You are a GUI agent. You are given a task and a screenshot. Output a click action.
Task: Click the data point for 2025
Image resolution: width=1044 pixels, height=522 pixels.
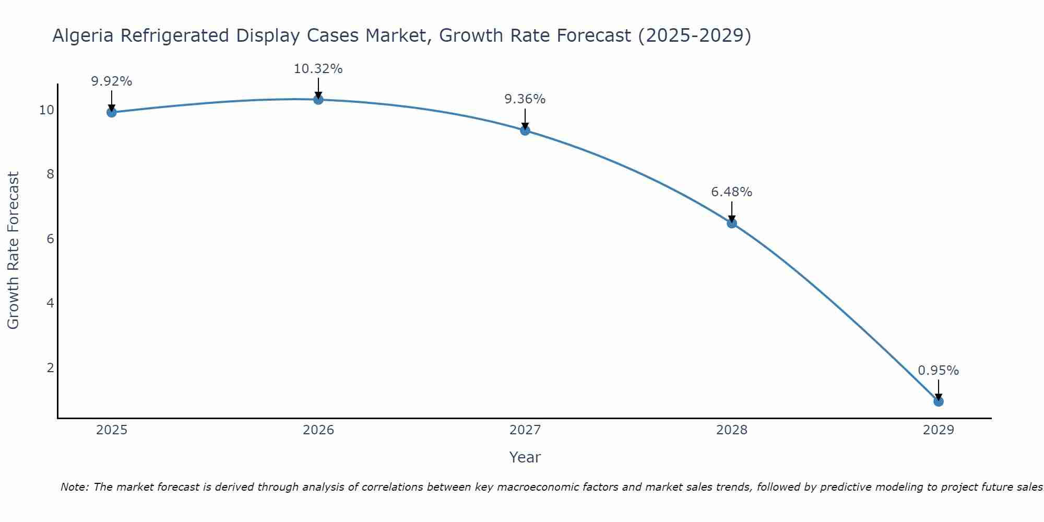[111, 112]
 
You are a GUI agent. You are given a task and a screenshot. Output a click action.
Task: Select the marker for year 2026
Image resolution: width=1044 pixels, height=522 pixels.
[318, 99]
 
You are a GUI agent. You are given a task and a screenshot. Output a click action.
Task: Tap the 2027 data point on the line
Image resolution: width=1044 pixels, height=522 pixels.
[525, 130]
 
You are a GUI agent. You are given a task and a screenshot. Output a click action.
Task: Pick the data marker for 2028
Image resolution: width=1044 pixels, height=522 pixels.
[732, 223]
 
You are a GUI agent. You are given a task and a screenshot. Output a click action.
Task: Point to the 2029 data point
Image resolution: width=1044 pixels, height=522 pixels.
[938, 401]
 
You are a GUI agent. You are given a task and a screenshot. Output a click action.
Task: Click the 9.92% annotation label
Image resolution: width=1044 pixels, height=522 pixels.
[111, 81]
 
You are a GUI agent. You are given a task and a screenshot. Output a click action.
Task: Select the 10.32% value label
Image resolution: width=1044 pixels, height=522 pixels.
[318, 69]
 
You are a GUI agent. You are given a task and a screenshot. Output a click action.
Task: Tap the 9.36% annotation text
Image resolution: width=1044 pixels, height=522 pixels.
[525, 99]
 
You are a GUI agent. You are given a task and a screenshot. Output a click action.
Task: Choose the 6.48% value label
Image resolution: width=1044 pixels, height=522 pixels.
[731, 192]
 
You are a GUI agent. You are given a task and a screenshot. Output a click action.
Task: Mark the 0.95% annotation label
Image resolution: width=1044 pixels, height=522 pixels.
[938, 371]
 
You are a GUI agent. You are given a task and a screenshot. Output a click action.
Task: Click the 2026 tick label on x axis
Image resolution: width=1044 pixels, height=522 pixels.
[318, 430]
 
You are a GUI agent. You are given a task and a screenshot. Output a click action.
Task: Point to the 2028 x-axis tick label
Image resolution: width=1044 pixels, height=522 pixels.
[732, 430]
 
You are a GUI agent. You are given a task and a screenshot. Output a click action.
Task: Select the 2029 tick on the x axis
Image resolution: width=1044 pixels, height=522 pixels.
[938, 430]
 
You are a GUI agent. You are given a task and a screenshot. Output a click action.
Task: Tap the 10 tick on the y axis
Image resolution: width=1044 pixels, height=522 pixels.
[46, 110]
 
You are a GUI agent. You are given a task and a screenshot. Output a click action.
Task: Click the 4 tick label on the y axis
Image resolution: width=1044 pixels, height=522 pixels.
[50, 303]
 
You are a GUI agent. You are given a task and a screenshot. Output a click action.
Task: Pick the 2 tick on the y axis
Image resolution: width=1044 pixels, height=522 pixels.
[50, 368]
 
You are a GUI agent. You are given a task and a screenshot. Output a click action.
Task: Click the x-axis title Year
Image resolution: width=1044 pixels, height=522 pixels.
[525, 457]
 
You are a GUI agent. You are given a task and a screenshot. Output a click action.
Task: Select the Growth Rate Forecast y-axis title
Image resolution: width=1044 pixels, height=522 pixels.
[13, 251]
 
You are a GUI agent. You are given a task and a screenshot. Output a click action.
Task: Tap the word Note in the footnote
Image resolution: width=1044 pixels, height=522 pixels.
[74, 487]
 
